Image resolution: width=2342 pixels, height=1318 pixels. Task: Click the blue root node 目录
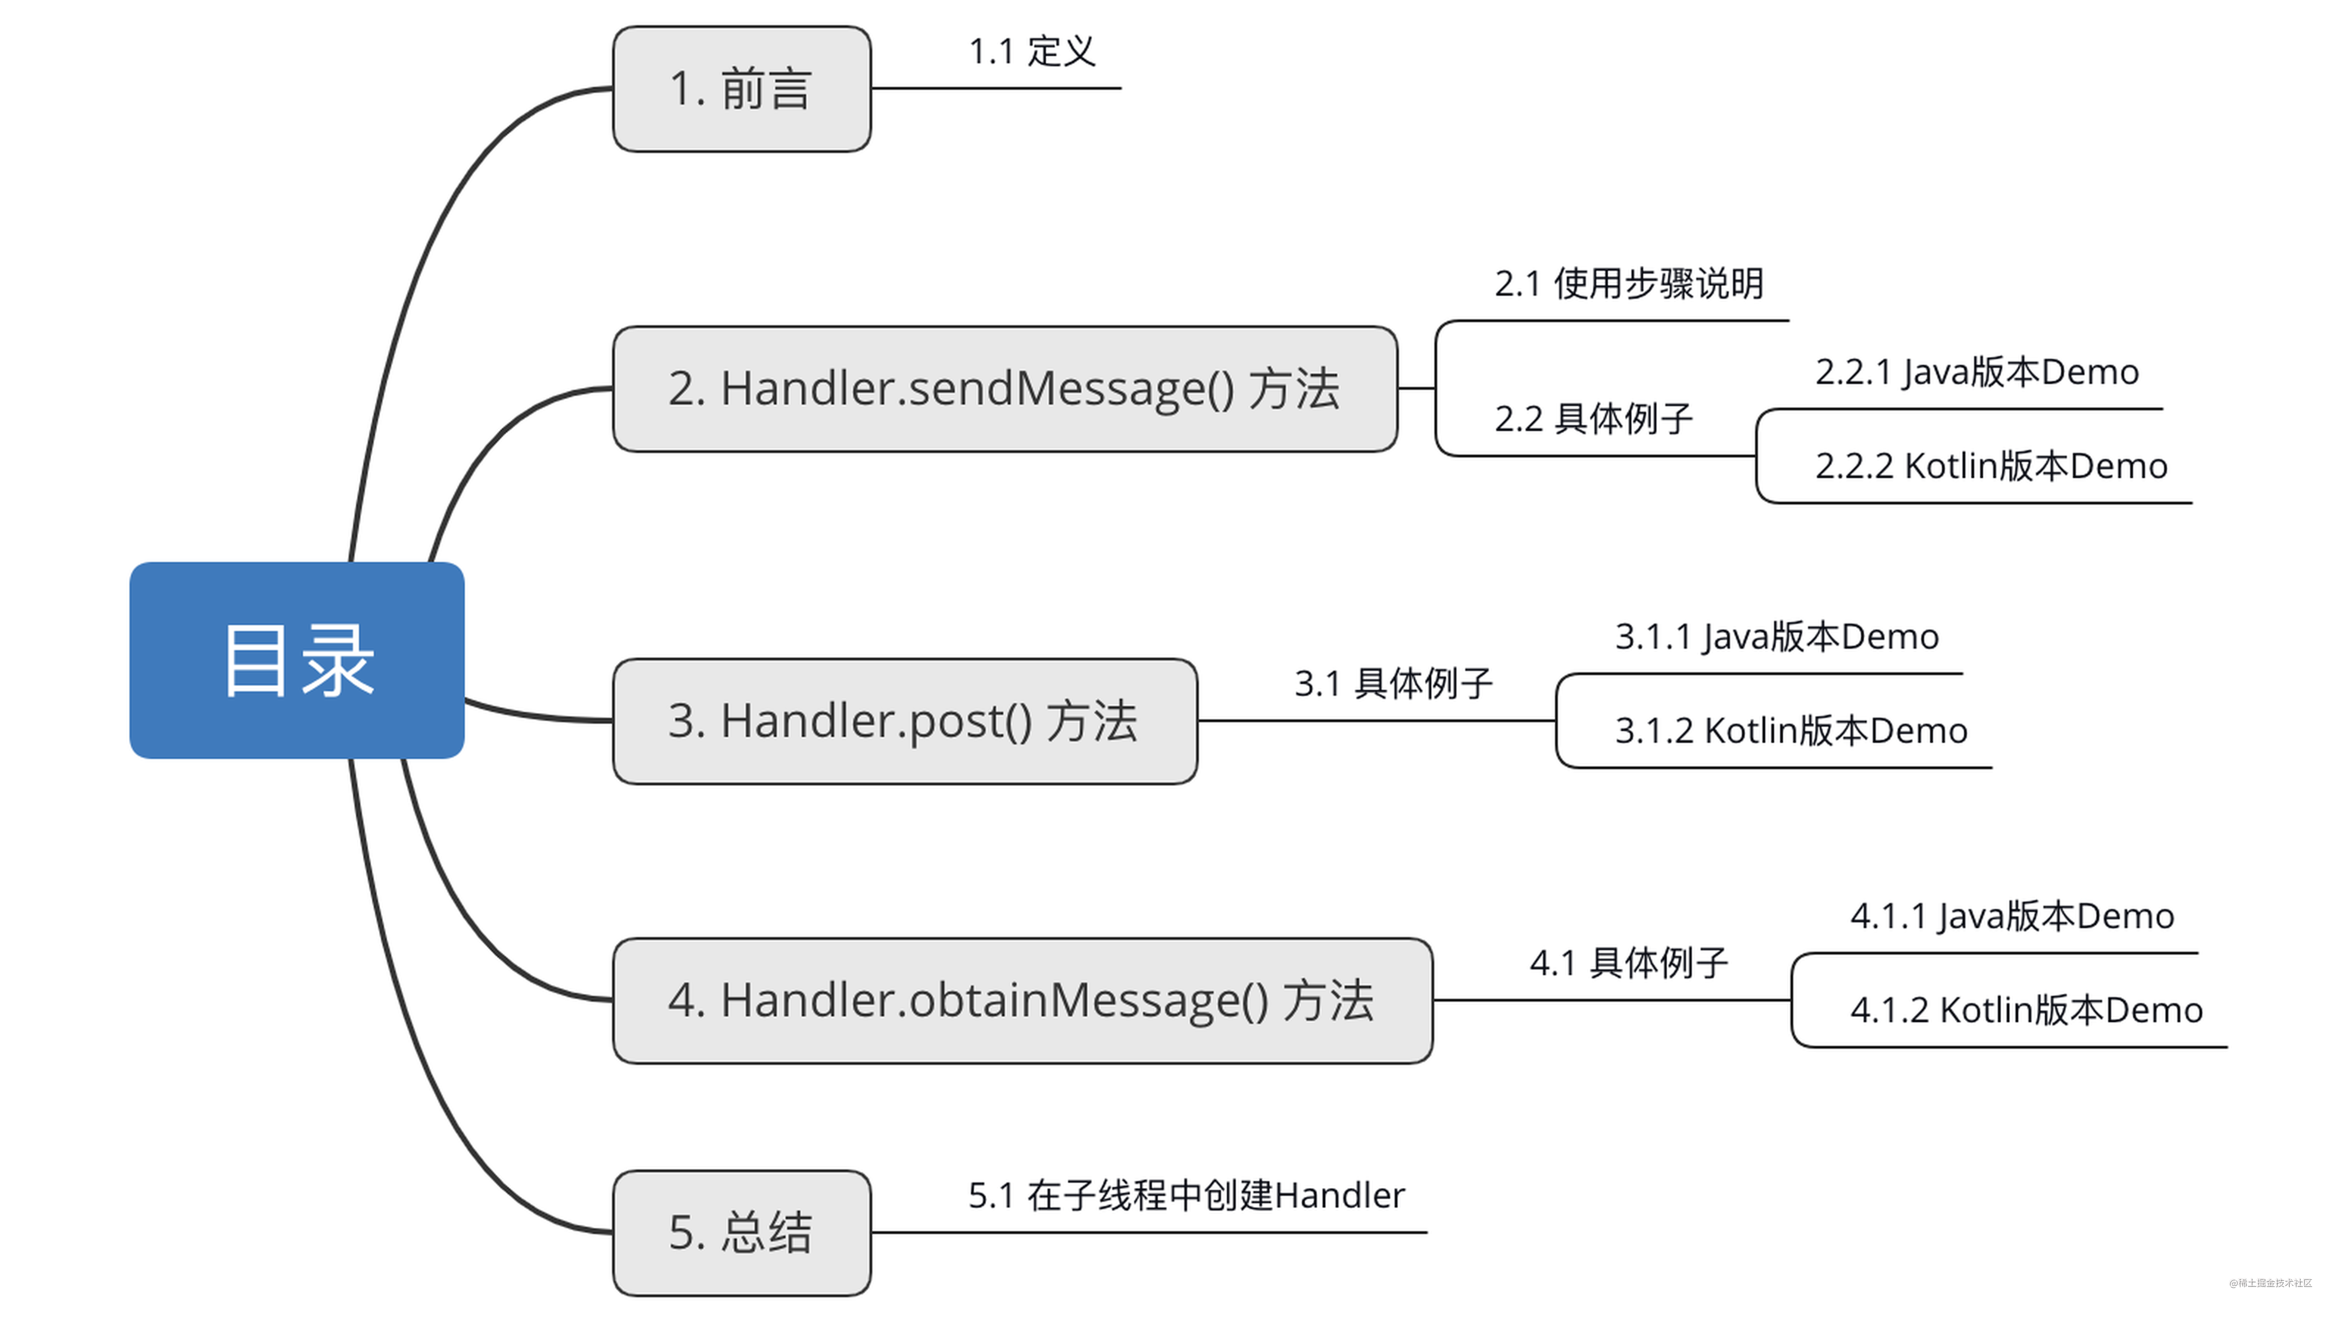pyautogui.click(x=296, y=660)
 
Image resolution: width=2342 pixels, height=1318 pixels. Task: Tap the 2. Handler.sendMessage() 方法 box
pyautogui.click(x=1005, y=389)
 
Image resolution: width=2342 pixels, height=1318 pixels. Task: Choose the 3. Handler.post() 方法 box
pyautogui.click(x=905, y=721)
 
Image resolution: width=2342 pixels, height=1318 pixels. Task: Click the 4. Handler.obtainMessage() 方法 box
pyautogui.click(x=1022, y=1000)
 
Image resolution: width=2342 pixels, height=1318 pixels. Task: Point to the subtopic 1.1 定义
pyautogui.click(x=1032, y=52)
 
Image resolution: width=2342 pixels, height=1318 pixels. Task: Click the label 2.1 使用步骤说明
pyautogui.click(x=1628, y=283)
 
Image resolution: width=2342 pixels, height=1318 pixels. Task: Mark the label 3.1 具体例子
pyautogui.click(x=1393, y=684)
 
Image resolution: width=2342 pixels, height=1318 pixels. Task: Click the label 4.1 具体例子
pyautogui.click(x=1628, y=963)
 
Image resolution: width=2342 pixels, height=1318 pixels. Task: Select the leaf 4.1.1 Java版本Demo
pyautogui.click(x=2012, y=916)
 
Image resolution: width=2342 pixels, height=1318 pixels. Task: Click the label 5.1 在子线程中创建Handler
pyautogui.click(x=1186, y=1195)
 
